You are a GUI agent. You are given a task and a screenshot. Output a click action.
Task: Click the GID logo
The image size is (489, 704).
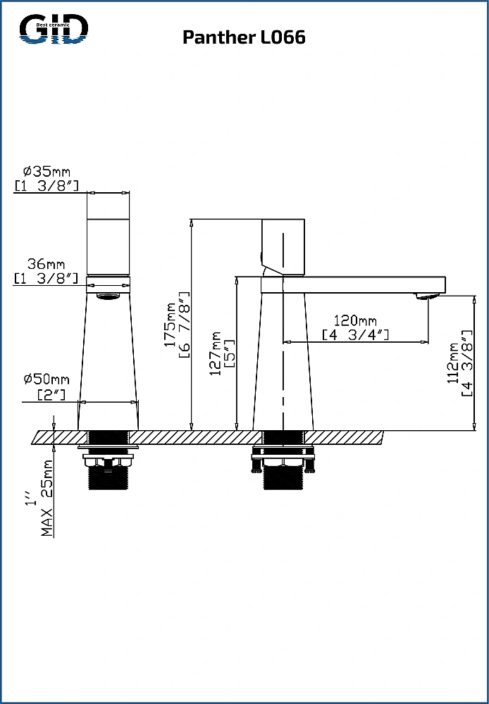pyautogui.click(x=54, y=28)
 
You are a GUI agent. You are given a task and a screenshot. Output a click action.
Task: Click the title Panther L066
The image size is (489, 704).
pyautogui.click(x=244, y=37)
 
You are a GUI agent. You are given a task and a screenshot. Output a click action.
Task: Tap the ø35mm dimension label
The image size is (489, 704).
pyautogui.click(x=47, y=171)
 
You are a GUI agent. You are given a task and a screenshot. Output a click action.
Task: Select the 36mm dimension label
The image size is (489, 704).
pyautogui.click(x=46, y=263)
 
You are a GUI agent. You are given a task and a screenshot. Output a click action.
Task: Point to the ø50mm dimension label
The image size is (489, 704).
pyautogui.click(x=47, y=379)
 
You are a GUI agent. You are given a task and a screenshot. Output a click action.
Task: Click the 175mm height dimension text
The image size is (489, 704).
pyautogui.click(x=170, y=324)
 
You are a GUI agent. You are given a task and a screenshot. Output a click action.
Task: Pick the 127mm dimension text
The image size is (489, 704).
pyautogui.click(x=216, y=353)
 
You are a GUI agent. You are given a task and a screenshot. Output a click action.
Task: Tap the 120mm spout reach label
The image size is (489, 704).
pyautogui.click(x=355, y=321)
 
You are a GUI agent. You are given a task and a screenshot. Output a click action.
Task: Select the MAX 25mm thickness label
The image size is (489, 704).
pyautogui.click(x=47, y=498)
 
